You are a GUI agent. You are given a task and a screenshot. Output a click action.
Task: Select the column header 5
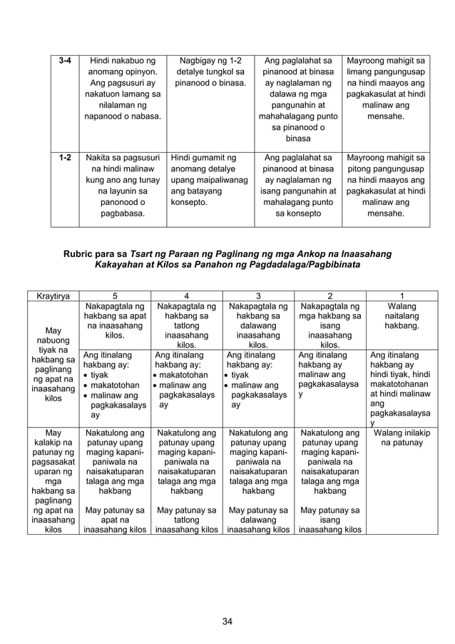tap(114, 296)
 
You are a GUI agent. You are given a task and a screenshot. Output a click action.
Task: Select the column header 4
tap(186, 296)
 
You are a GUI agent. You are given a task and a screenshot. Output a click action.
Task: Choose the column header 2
tap(329, 296)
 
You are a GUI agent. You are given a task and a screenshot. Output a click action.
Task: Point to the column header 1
tap(402, 296)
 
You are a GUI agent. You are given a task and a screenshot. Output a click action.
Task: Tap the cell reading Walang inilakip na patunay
tap(402, 438)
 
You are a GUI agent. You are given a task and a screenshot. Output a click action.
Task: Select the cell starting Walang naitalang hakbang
tap(402, 316)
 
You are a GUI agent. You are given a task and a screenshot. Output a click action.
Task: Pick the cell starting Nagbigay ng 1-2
tap(210, 72)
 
